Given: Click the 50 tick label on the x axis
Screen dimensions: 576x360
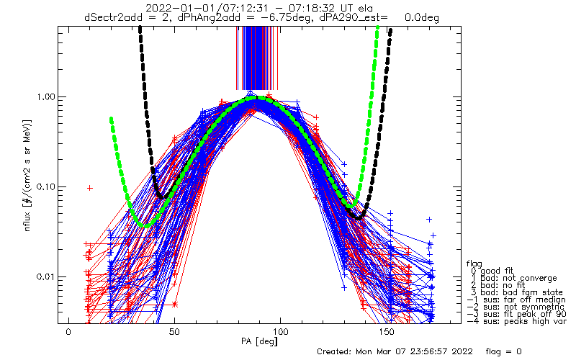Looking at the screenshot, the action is coord(174,332).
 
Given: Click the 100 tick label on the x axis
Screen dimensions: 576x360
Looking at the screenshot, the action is coord(280,332).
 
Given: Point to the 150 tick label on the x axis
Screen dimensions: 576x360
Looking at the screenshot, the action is coord(387,332).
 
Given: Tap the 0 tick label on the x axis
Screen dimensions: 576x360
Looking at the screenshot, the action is coord(68,332).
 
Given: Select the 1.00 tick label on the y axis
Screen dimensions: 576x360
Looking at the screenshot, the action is coord(44,97).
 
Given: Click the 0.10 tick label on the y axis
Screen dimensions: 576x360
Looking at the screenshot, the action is coord(44,187).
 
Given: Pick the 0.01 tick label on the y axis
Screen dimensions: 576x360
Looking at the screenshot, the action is coord(44,276).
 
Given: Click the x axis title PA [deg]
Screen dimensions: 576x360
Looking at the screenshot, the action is coord(259,341).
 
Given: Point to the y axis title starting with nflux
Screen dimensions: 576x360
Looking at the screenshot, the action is coord(27,176).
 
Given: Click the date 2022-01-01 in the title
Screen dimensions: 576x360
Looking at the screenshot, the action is coord(174,8).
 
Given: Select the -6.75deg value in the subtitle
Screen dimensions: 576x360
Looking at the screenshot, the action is coord(289,17).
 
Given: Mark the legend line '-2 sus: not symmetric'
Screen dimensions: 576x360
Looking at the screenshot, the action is coord(516,307).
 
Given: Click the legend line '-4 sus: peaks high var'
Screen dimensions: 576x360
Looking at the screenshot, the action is coord(516,321).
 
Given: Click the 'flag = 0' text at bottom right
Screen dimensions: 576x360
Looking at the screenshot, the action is coord(503,351).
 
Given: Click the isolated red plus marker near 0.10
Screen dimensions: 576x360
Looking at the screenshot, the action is coord(89,188).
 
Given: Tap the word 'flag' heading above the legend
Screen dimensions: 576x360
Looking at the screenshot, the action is coord(474,264).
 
